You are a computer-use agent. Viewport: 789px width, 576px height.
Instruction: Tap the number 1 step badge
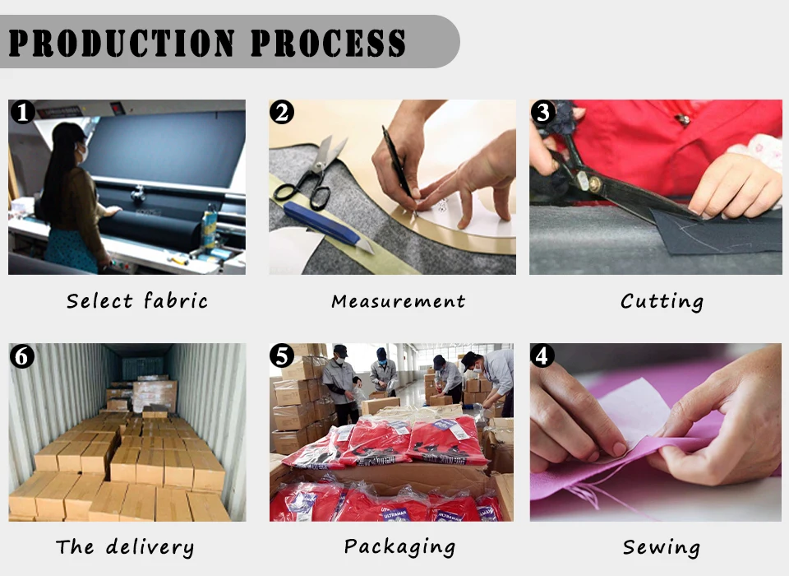[23, 112]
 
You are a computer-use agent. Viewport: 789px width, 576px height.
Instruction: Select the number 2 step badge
[282, 112]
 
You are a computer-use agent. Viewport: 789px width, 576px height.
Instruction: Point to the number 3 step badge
[543, 112]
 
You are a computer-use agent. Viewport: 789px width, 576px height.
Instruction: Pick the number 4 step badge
[542, 355]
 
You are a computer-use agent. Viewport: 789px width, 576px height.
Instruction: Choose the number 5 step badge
[282, 355]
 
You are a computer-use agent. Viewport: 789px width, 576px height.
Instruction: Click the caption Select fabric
[137, 301]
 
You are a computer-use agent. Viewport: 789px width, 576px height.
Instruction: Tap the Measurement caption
[398, 301]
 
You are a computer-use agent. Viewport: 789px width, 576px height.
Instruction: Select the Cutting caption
[662, 302]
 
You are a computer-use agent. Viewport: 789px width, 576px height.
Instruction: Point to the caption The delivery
[125, 547]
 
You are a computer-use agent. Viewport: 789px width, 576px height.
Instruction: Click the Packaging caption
[399, 547]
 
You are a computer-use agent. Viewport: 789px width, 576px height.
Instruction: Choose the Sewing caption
[661, 548]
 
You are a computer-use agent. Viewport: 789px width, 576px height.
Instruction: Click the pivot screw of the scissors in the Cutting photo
[595, 184]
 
